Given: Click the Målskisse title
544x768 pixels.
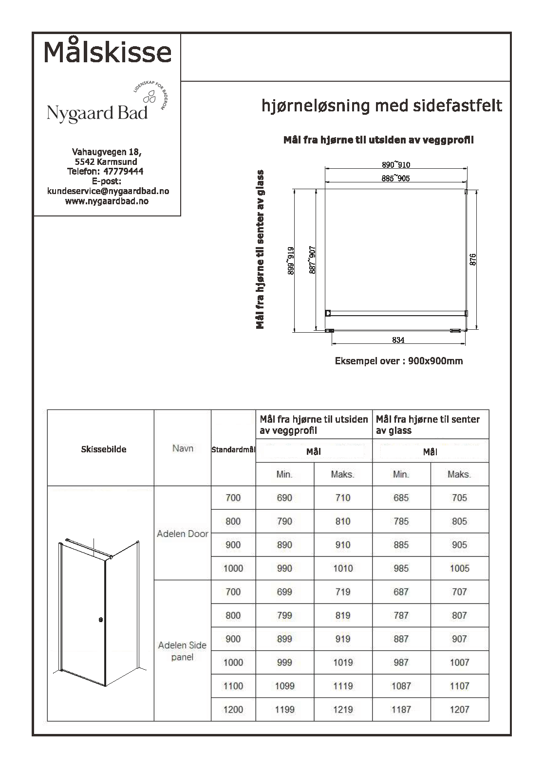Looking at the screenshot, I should tap(108, 52).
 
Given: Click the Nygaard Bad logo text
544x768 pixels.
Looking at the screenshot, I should tap(97, 113).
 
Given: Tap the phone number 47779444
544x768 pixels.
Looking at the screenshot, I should tap(123, 171).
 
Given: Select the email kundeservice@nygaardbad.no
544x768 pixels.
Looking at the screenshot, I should tap(108, 191).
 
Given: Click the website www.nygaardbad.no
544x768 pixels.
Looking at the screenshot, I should tap(107, 201).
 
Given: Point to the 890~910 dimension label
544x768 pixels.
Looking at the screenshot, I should tap(395, 165).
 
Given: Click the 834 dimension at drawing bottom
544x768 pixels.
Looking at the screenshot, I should tap(398, 340).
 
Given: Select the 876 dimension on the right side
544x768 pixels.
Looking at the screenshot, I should tap(473, 259).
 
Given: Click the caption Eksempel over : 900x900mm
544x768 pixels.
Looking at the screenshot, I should tap(398, 361).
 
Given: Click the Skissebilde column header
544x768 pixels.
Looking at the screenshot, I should tap(103, 449).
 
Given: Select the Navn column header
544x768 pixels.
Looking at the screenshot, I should tap(183, 448).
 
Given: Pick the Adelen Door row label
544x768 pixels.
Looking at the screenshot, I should tap(183, 534).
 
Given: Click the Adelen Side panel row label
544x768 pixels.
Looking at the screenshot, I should tap(183, 651).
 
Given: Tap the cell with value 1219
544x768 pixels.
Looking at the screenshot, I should tap(342, 710).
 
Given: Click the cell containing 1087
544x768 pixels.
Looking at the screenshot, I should tap(401, 686).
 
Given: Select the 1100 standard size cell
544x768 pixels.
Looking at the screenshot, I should tap(233, 686).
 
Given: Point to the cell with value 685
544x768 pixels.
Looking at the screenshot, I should tap(401, 498).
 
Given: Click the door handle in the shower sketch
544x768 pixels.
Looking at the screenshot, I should tap(101, 620).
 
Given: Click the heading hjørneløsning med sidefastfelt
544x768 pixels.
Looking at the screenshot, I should tap(382, 106).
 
